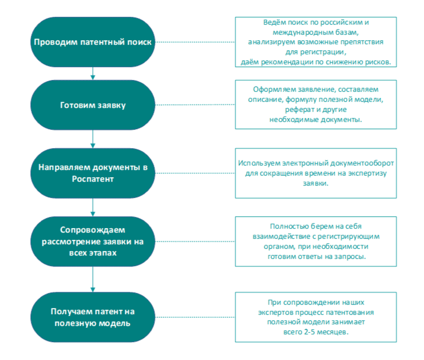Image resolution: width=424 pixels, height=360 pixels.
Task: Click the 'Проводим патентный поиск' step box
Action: [x=92, y=42]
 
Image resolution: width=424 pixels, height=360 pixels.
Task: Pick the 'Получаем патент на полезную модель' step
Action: [x=92, y=317]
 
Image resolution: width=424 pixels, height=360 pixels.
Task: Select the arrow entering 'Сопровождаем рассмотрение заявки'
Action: [x=92, y=208]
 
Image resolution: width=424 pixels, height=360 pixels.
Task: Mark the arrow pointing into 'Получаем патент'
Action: [x=92, y=279]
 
